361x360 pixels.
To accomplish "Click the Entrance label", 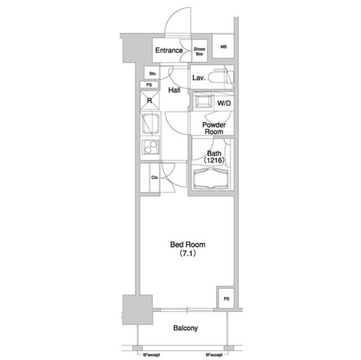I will (169, 51).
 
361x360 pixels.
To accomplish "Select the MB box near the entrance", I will (223, 47).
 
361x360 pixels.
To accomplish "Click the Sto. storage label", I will (152, 74).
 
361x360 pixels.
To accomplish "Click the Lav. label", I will (198, 78).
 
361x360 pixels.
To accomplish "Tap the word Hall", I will (175, 90).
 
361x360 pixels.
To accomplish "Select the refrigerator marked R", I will (150, 101).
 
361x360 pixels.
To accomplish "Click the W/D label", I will (223, 104).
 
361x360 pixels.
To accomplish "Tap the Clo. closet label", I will (154, 178).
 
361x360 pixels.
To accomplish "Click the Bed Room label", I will (188, 249).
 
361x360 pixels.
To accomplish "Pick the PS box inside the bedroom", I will (226, 298).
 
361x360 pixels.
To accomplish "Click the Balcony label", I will (185, 328).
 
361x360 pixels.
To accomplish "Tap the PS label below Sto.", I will (149, 85).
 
